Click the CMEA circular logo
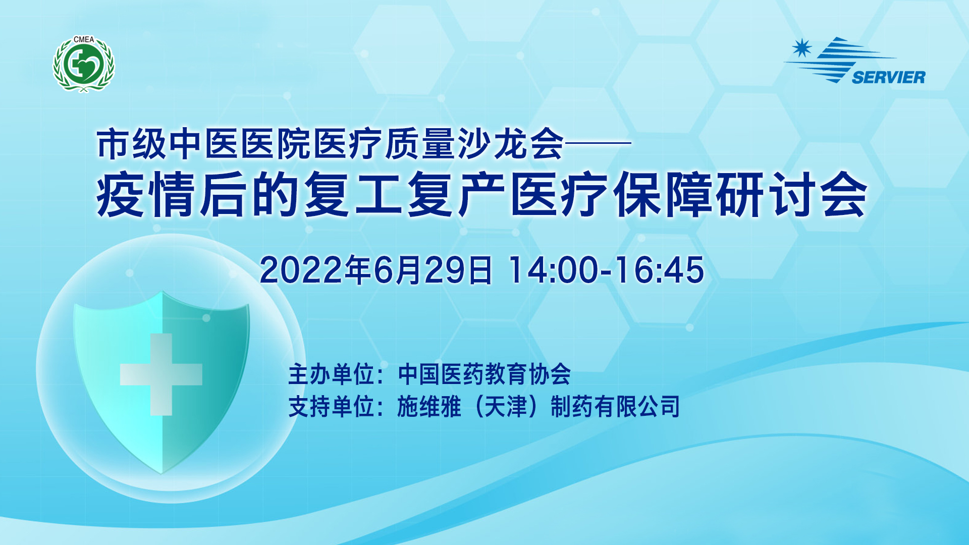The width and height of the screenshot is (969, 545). point(84,64)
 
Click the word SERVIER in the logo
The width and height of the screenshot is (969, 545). point(888,77)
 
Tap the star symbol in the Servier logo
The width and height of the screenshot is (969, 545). point(801,48)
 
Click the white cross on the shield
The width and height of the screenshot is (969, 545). point(161,374)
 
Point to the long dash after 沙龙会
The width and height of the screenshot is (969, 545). point(598,143)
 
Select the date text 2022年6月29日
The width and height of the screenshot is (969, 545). point(375,270)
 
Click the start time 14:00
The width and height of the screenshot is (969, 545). point(553,270)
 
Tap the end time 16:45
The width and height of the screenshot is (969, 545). point(659,270)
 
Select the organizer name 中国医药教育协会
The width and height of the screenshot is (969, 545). point(484,374)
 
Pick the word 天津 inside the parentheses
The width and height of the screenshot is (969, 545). point(506,407)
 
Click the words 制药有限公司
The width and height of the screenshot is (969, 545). point(616,407)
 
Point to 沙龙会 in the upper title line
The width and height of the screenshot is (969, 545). point(510,144)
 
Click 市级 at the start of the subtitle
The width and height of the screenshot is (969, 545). point(132,144)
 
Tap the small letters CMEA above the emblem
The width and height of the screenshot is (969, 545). point(84,39)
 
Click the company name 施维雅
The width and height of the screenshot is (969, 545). point(429,407)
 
